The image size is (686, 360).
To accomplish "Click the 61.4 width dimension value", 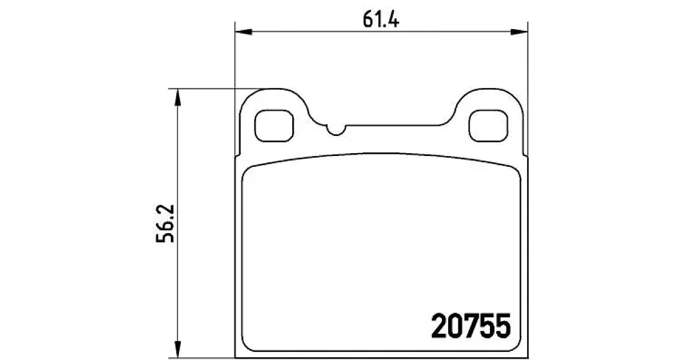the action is coord(381,19).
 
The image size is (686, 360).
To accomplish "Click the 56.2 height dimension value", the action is coord(165,224).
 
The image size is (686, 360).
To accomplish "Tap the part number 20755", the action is coord(471,326).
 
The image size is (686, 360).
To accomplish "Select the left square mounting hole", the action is coord(274,126).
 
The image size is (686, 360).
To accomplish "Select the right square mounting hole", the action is coord(488,126).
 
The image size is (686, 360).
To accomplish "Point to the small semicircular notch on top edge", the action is coord(336,131).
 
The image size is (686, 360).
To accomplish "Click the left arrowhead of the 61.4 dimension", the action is coord(244,32).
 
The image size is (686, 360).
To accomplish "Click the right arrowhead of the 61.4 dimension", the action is coord(520,32).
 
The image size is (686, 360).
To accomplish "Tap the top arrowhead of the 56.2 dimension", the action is coord(177,97).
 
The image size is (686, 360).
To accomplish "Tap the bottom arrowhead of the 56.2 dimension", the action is coord(177,349).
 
